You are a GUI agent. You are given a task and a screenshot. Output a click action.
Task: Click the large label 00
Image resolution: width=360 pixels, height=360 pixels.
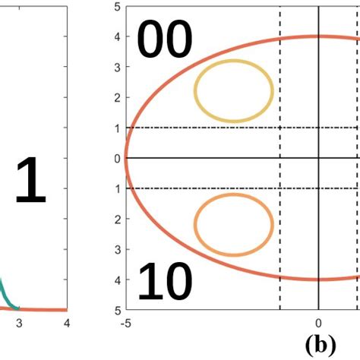164,42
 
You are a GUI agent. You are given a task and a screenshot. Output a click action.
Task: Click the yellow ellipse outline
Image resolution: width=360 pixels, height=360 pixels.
233,91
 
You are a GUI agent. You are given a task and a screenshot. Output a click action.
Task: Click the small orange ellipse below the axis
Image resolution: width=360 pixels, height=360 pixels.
233,225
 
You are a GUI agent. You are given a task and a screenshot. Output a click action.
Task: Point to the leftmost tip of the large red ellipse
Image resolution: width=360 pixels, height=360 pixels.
126,158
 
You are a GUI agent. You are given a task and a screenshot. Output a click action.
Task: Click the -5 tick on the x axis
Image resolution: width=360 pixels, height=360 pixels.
125,322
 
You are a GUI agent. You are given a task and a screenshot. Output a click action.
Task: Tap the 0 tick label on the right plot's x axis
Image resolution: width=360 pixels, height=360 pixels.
318,322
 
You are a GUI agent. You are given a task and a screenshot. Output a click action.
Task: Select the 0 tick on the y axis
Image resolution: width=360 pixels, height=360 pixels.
117,158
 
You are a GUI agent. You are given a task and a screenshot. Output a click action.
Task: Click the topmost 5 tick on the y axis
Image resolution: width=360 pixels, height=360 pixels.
117,7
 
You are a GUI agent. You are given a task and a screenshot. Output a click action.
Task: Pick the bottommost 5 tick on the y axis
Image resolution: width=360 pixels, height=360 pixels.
117,310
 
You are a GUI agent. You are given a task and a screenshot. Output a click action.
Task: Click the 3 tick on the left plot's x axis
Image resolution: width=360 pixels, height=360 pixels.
19,322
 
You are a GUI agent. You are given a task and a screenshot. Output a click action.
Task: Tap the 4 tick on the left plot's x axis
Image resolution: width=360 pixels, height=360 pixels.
67,322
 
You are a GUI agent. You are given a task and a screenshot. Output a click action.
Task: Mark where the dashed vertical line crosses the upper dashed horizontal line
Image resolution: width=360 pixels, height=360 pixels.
280,128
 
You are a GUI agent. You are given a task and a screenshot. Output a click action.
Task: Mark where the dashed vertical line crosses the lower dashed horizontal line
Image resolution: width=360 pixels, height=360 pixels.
280,188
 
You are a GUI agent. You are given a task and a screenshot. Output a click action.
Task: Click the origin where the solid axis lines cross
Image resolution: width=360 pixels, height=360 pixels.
318,158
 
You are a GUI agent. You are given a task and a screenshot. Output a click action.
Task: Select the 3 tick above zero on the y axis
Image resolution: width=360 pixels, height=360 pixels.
117,67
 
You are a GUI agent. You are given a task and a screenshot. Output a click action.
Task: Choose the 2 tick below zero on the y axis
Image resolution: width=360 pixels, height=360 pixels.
117,219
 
